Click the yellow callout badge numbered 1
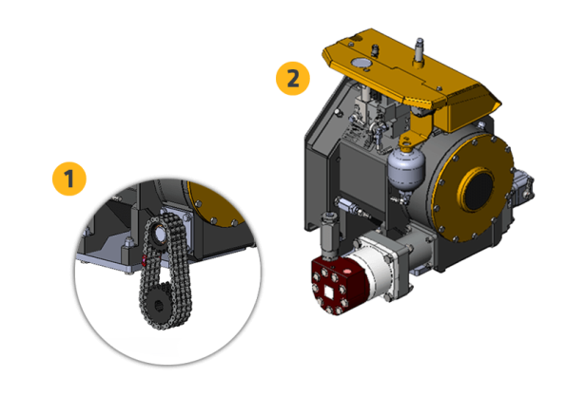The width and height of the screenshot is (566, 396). point(69,179)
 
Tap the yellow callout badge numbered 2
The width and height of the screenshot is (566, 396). point(293,78)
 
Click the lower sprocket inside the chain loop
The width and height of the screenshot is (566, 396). point(159,306)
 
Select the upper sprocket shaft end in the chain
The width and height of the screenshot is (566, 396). point(159,235)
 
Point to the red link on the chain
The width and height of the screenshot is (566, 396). point(144,260)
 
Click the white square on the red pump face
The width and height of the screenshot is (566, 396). point(330,292)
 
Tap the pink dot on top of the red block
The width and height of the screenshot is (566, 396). point(347,271)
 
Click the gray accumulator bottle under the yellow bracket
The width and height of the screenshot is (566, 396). point(406,166)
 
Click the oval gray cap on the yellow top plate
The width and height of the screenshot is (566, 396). point(361,63)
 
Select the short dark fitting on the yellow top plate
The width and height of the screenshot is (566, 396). point(376,50)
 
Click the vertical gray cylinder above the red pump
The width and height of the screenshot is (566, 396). point(329,235)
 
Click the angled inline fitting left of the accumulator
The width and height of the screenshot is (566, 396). point(354,208)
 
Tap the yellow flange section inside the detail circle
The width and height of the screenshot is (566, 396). point(217,203)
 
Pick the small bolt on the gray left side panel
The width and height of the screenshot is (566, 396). point(339,113)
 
